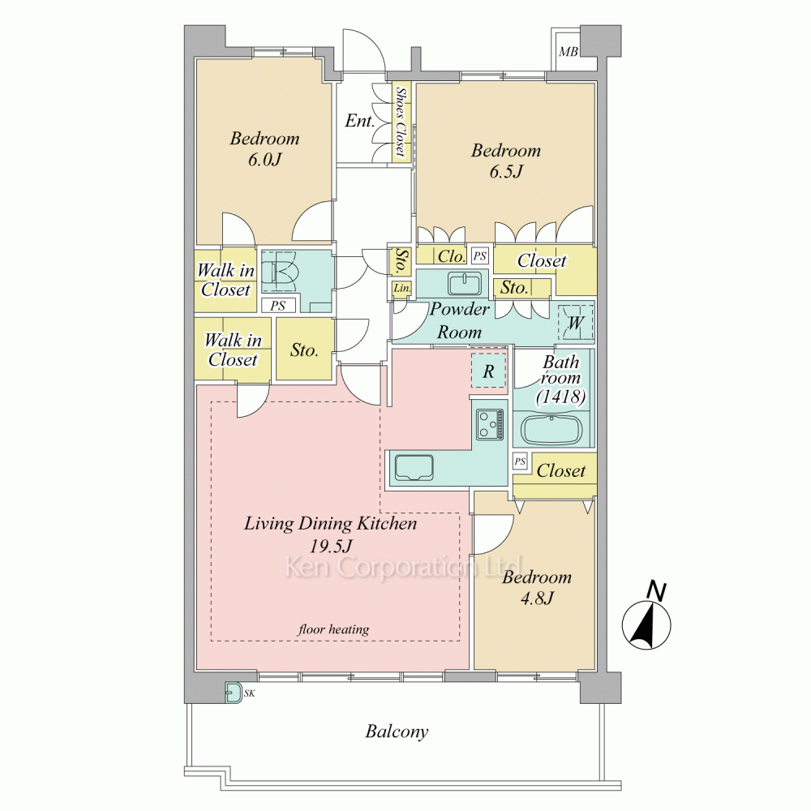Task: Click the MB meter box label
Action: (x=569, y=52)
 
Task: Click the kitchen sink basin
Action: (x=414, y=468)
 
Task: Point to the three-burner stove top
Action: (x=490, y=423)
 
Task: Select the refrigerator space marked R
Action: (x=488, y=371)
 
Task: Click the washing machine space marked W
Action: (x=575, y=323)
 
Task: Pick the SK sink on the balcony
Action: (x=234, y=693)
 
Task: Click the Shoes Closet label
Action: (x=400, y=121)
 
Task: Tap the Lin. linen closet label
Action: (x=402, y=289)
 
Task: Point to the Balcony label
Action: (x=397, y=732)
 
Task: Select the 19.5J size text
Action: (x=331, y=546)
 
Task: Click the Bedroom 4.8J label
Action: (x=537, y=587)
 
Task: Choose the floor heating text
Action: (x=333, y=629)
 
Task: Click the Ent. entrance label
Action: (x=359, y=121)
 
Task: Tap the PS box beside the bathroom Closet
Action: (x=521, y=461)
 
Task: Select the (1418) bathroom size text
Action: (x=560, y=397)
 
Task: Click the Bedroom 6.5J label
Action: (x=506, y=161)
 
